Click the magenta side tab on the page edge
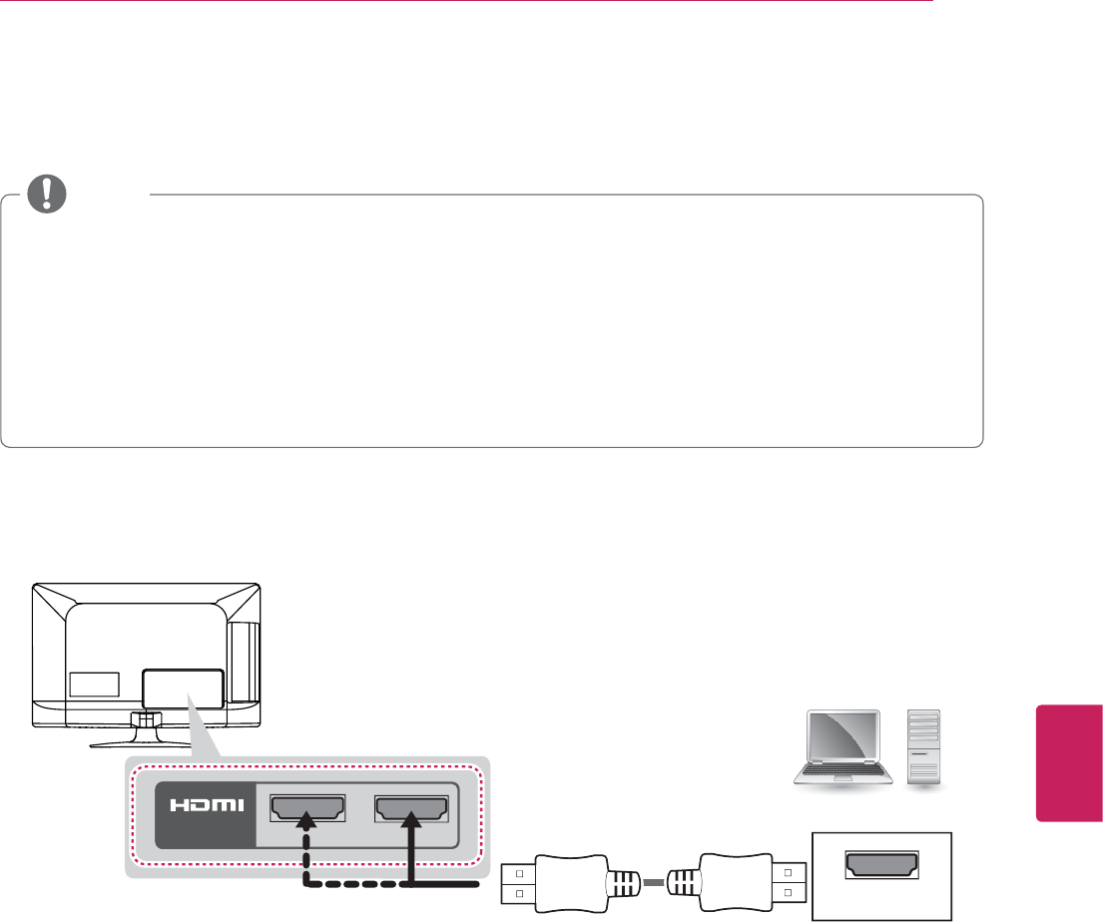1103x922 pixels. (1068, 763)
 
